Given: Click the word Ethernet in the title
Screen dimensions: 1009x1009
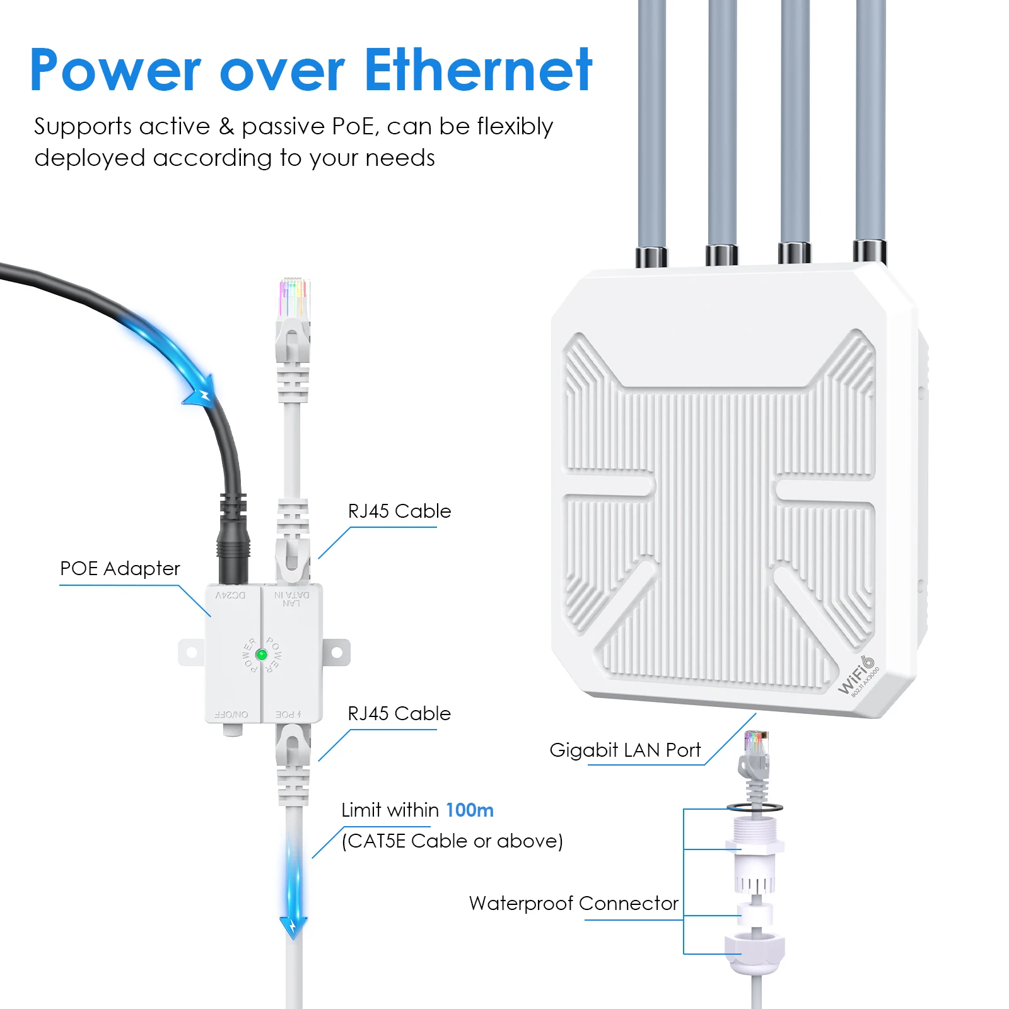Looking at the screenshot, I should pos(478,71).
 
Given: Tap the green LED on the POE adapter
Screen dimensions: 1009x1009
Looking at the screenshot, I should pos(260,655).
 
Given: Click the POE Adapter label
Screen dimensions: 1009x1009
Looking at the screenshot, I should pos(120,569).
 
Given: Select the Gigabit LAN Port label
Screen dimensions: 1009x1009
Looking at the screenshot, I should pos(624,750).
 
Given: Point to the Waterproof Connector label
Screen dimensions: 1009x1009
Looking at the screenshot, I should pos(573,904).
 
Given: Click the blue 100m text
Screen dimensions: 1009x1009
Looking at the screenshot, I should pos(469,810).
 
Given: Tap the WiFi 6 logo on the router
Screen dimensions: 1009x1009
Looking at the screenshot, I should pos(858,676).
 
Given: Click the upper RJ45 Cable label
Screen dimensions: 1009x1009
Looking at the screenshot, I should pos(399,511).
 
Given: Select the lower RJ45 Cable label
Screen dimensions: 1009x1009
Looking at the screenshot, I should pos(399,714).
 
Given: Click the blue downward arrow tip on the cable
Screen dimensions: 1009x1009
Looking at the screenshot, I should pos(293,927).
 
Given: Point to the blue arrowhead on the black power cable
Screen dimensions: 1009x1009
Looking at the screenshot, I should pos(201,394).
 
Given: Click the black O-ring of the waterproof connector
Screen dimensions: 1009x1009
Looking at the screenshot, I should pos(754,807).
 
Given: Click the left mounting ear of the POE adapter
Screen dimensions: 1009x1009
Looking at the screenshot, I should pos(191,653).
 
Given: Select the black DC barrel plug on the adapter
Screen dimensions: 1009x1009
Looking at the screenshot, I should pos(233,549).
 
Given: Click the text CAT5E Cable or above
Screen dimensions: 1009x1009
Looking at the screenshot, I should pos(452,841).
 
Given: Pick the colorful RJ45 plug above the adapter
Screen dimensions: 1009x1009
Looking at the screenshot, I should pos(294,300).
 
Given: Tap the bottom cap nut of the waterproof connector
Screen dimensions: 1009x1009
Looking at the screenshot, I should pos(755,954).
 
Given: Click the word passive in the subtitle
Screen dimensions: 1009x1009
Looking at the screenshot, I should pos(283,127).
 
